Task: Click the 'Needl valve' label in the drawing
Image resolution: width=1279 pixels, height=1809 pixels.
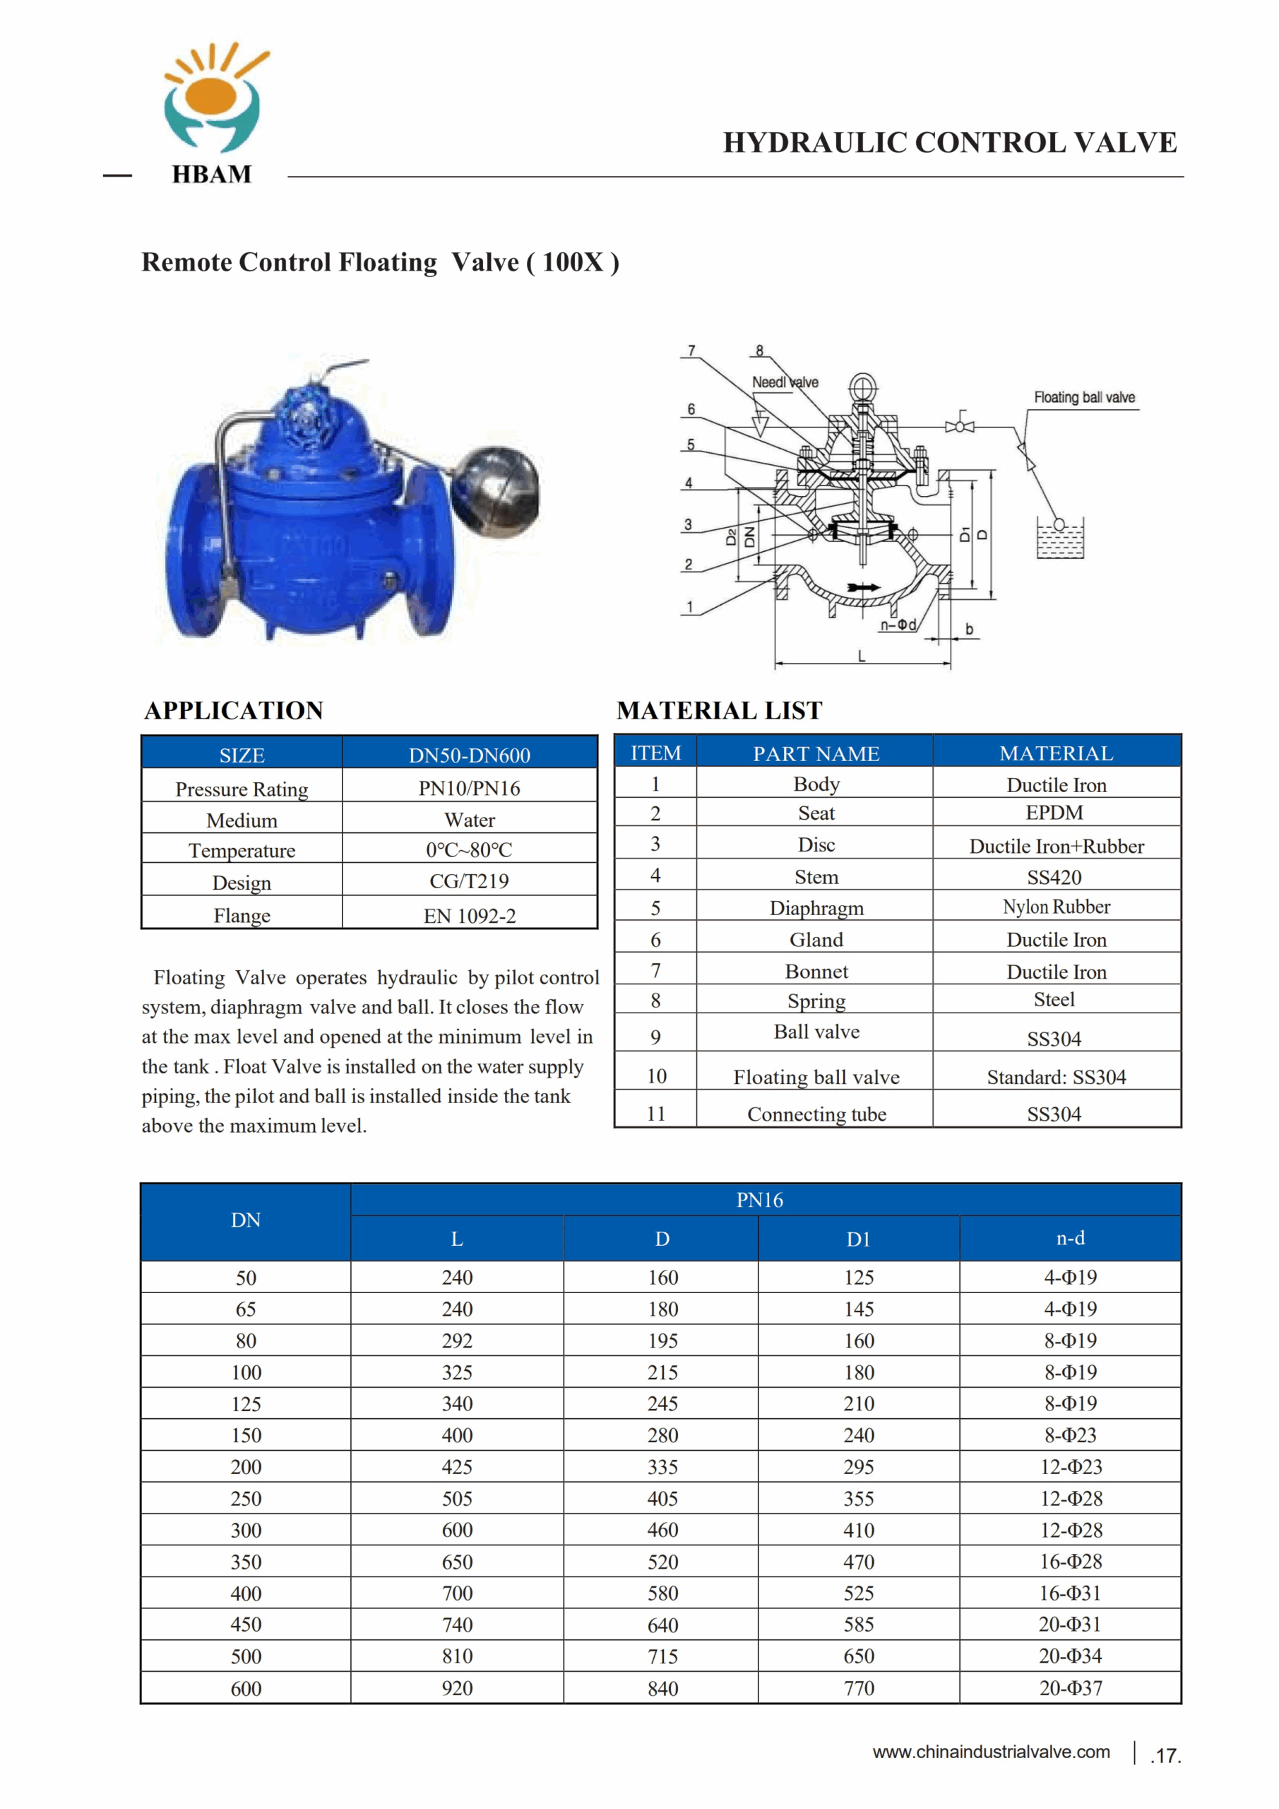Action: pos(785,383)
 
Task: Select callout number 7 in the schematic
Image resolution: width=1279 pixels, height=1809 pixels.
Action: pos(691,350)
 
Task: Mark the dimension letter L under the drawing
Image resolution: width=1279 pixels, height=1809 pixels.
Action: pos(862,656)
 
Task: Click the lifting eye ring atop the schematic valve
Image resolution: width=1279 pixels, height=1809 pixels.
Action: pos(864,386)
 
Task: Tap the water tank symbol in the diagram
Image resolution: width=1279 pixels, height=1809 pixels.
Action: pos(1060,539)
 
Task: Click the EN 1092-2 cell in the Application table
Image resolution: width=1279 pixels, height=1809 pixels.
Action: pos(470,916)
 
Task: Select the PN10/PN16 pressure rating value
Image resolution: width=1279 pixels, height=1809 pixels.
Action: pos(470,788)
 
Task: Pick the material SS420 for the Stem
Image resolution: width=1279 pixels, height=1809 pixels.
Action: pos(1054,877)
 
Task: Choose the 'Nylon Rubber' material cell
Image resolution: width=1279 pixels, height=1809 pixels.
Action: pos(1056,907)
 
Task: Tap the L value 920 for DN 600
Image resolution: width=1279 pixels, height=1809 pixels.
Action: pos(457,1688)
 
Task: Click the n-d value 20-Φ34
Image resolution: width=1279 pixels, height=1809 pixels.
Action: pos(1070,1656)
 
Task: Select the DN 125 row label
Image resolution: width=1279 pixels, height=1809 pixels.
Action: pos(246,1404)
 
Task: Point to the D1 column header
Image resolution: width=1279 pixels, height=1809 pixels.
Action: pos(859,1239)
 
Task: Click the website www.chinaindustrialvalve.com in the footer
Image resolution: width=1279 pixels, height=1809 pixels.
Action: pos(991,1752)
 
